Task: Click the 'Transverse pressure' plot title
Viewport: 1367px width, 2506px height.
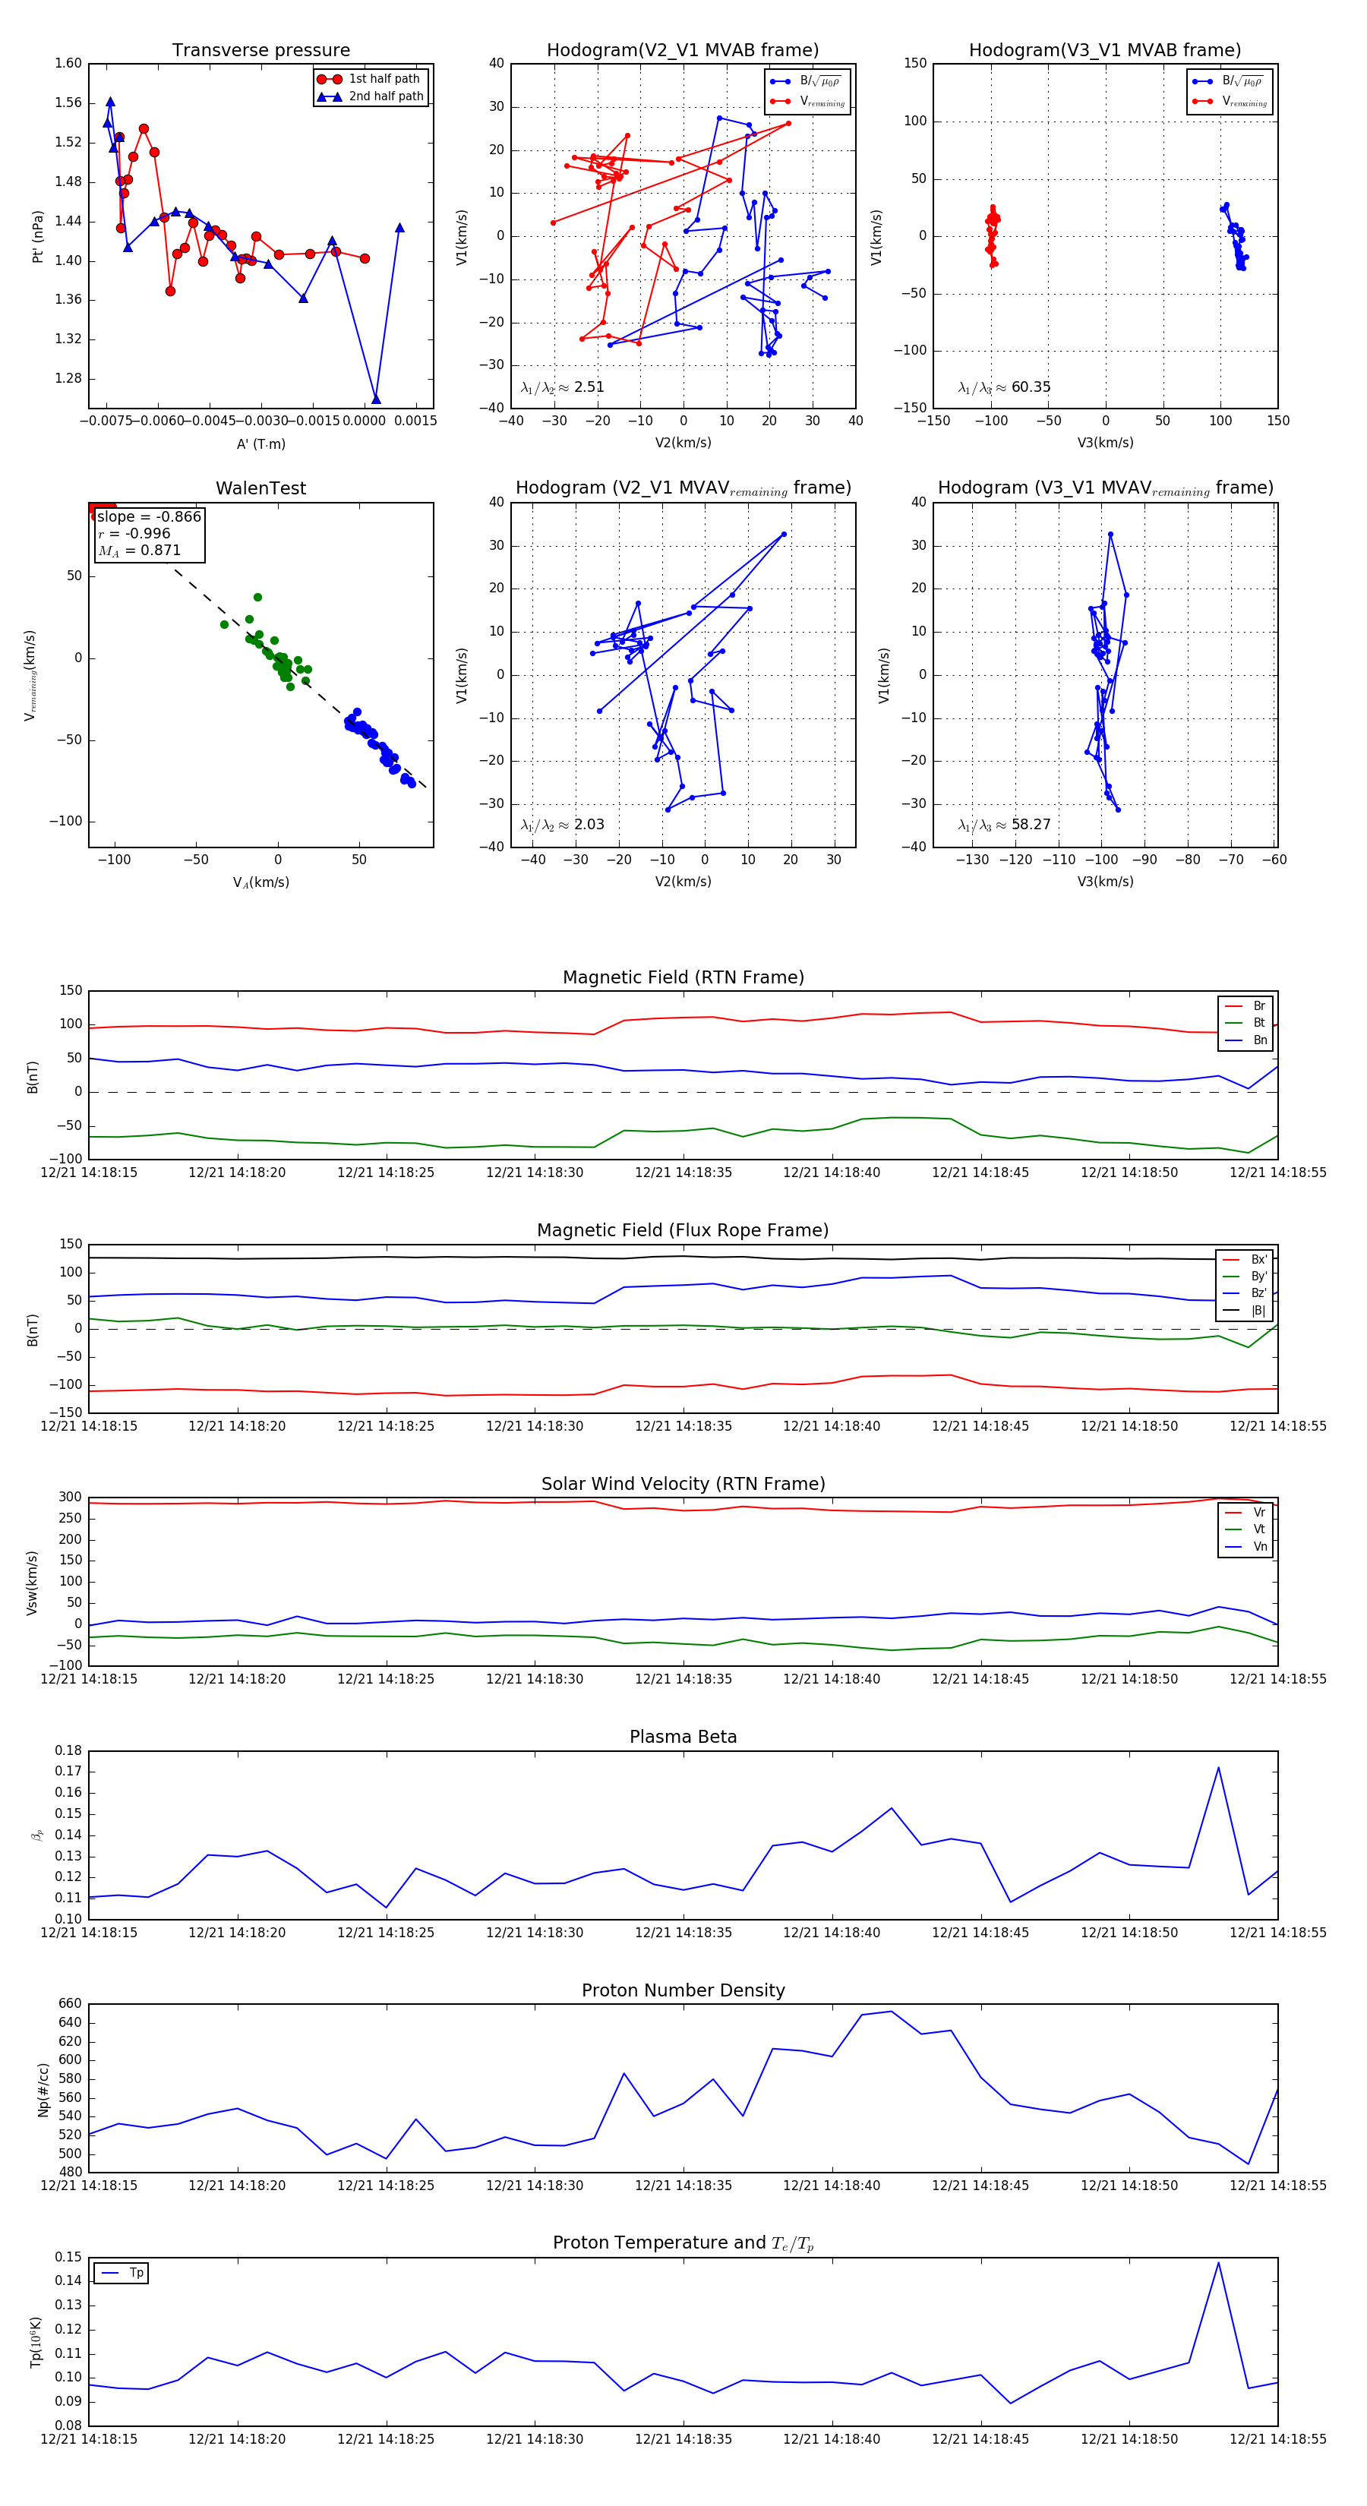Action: (260, 51)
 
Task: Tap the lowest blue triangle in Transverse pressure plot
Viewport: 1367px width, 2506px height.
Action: (376, 399)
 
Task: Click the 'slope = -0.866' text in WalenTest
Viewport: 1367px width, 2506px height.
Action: (149, 516)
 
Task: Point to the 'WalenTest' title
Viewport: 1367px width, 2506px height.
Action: (260, 488)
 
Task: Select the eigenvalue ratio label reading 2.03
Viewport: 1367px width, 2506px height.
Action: (562, 825)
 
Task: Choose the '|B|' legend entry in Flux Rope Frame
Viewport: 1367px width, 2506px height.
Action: (1257, 1311)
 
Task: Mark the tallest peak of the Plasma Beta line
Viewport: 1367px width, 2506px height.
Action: (1218, 1768)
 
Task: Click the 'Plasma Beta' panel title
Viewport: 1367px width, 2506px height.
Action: (683, 1737)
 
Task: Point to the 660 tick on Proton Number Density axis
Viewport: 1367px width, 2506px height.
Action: (70, 2004)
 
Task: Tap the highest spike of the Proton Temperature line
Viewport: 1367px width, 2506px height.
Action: (1218, 2263)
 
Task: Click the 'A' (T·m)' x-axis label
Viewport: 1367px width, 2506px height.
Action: (260, 443)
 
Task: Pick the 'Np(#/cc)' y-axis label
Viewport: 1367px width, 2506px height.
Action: (43, 2090)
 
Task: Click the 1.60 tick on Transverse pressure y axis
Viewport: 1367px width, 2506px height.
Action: (68, 63)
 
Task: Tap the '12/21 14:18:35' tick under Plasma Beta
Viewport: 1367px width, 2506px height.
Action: (683, 1932)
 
